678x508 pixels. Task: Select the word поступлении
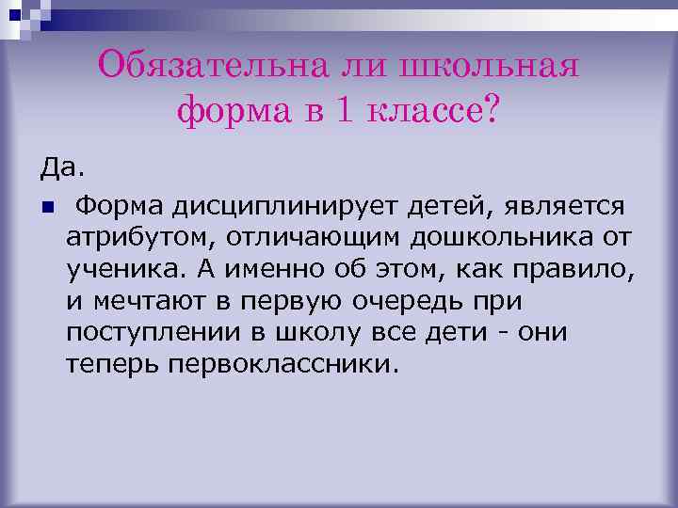pos(140,335)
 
